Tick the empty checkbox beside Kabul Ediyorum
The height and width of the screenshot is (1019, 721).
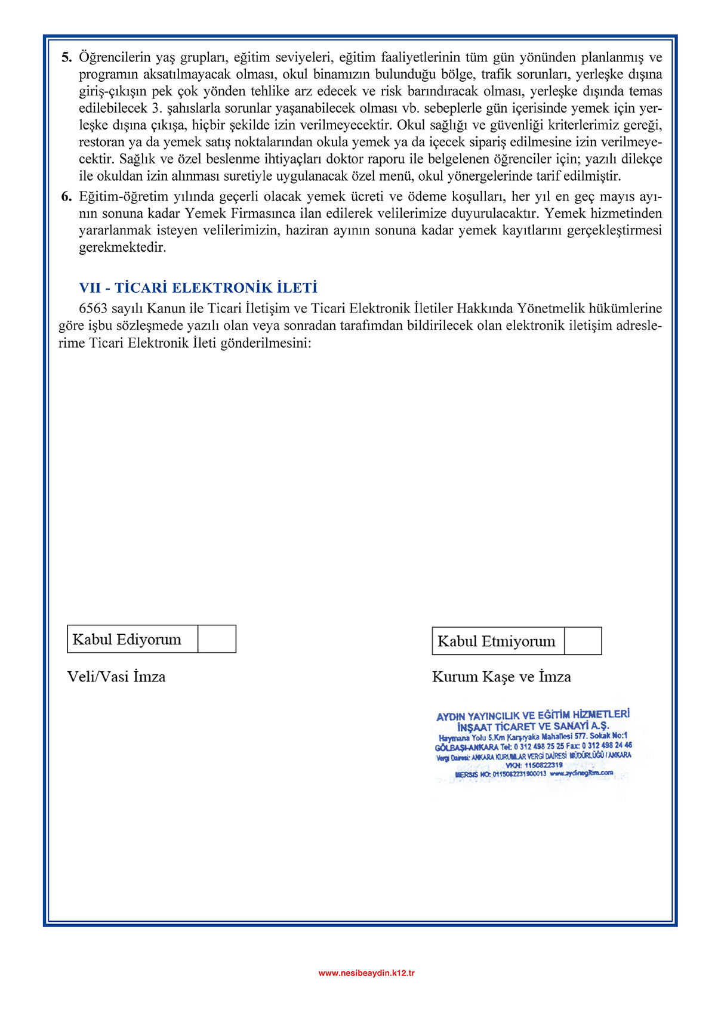217,639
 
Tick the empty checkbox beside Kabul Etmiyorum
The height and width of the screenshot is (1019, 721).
583,641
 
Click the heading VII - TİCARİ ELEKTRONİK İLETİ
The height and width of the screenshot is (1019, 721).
198,288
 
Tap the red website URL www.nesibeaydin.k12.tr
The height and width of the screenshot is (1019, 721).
366,972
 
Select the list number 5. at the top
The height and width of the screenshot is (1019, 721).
66,58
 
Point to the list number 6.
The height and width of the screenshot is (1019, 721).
66,197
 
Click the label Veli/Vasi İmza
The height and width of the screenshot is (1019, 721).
116,677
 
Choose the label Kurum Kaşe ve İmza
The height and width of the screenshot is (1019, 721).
501,677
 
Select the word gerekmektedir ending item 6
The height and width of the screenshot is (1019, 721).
122,248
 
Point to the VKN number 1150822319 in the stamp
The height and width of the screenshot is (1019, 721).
543,765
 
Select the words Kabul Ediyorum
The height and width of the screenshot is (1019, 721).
127,640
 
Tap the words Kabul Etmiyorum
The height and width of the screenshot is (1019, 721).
496,641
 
